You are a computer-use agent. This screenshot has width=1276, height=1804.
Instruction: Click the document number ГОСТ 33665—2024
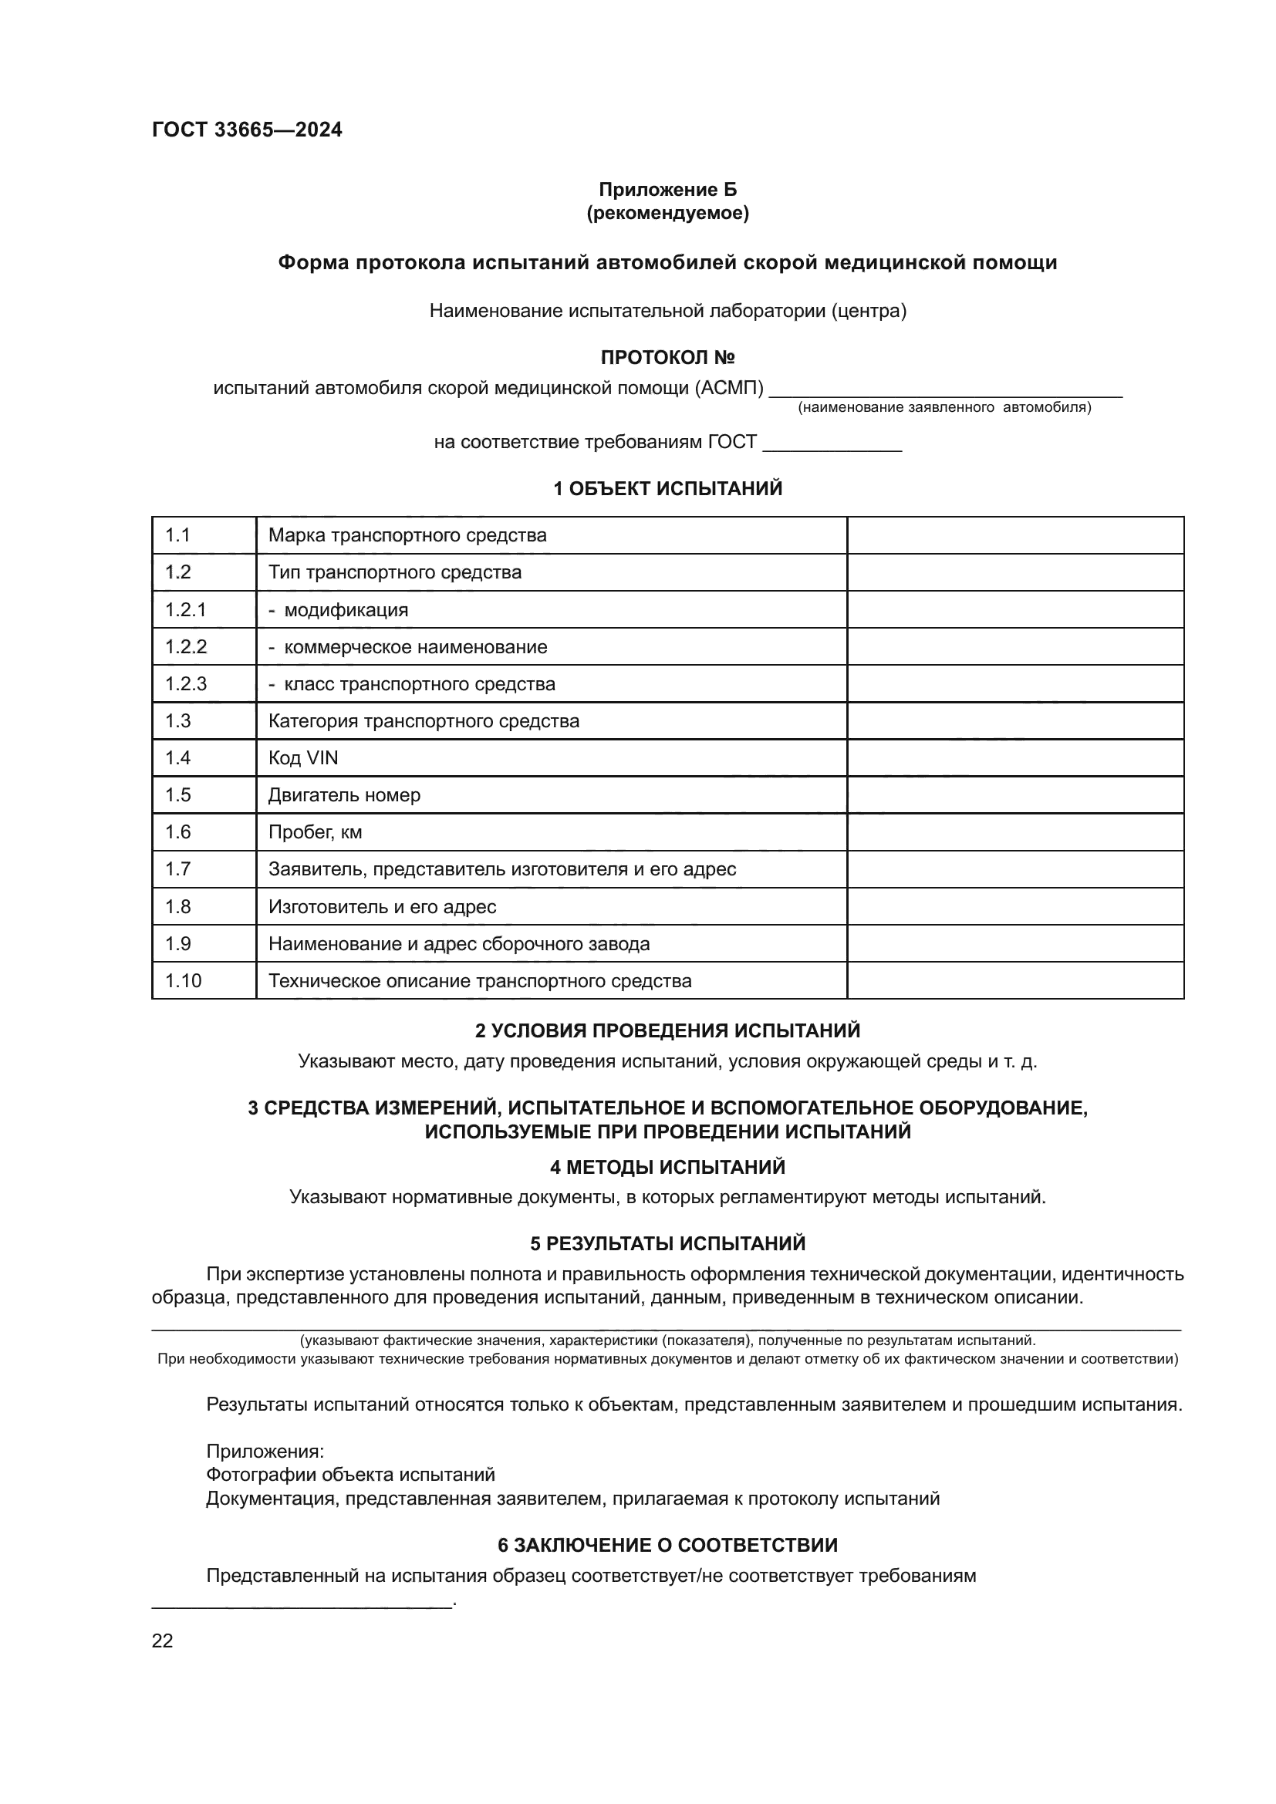[247, 130]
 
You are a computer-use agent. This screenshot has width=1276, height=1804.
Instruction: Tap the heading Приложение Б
[667, 190]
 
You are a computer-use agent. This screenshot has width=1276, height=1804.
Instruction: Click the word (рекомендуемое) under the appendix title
[667, 213]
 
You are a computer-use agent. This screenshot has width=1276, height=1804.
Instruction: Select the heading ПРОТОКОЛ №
[667, 358]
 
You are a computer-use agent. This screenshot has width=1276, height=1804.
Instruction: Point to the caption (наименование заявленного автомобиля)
[944, 408]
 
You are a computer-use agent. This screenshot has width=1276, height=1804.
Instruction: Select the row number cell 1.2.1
[186, 610]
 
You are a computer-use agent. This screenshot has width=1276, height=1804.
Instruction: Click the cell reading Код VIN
[303, 757]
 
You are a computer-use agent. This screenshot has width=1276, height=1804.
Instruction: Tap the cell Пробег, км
[315, 832]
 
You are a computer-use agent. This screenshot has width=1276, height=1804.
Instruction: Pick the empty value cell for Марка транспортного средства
[1014, 535]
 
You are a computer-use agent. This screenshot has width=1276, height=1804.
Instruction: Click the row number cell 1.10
[183, 980]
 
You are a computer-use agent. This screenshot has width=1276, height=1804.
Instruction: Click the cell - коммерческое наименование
[408, 646]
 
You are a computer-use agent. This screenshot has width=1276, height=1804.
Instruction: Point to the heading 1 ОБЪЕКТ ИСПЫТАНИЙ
[667, 489]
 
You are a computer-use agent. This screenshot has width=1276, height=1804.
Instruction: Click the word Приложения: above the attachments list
[265, 1452]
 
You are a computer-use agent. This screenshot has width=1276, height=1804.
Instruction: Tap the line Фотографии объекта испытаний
[349, 1475]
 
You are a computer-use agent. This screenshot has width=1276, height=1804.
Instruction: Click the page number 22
[163, 1640]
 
